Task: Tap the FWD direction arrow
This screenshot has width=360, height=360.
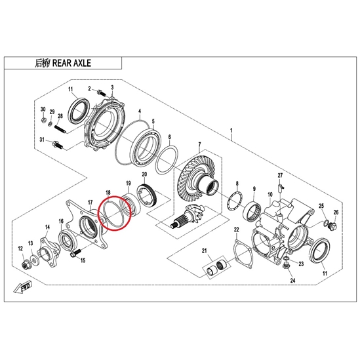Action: [x=22, y=287]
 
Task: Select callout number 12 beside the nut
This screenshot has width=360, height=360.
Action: [x=20, y=249]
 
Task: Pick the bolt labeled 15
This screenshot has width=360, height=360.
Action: [x=75, y=253]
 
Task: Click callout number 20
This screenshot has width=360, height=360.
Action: [x=144, y=174]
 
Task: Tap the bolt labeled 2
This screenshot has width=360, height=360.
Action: [x=100, y=92]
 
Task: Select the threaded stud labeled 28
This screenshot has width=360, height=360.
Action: [x=60, y=129]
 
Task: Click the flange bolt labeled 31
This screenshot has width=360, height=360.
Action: [x=57, y=145]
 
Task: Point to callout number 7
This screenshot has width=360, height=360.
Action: [x=199, y=145]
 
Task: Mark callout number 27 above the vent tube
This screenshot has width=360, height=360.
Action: [x=280, y=176]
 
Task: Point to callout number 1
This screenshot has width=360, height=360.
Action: [x=231, y=130]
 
